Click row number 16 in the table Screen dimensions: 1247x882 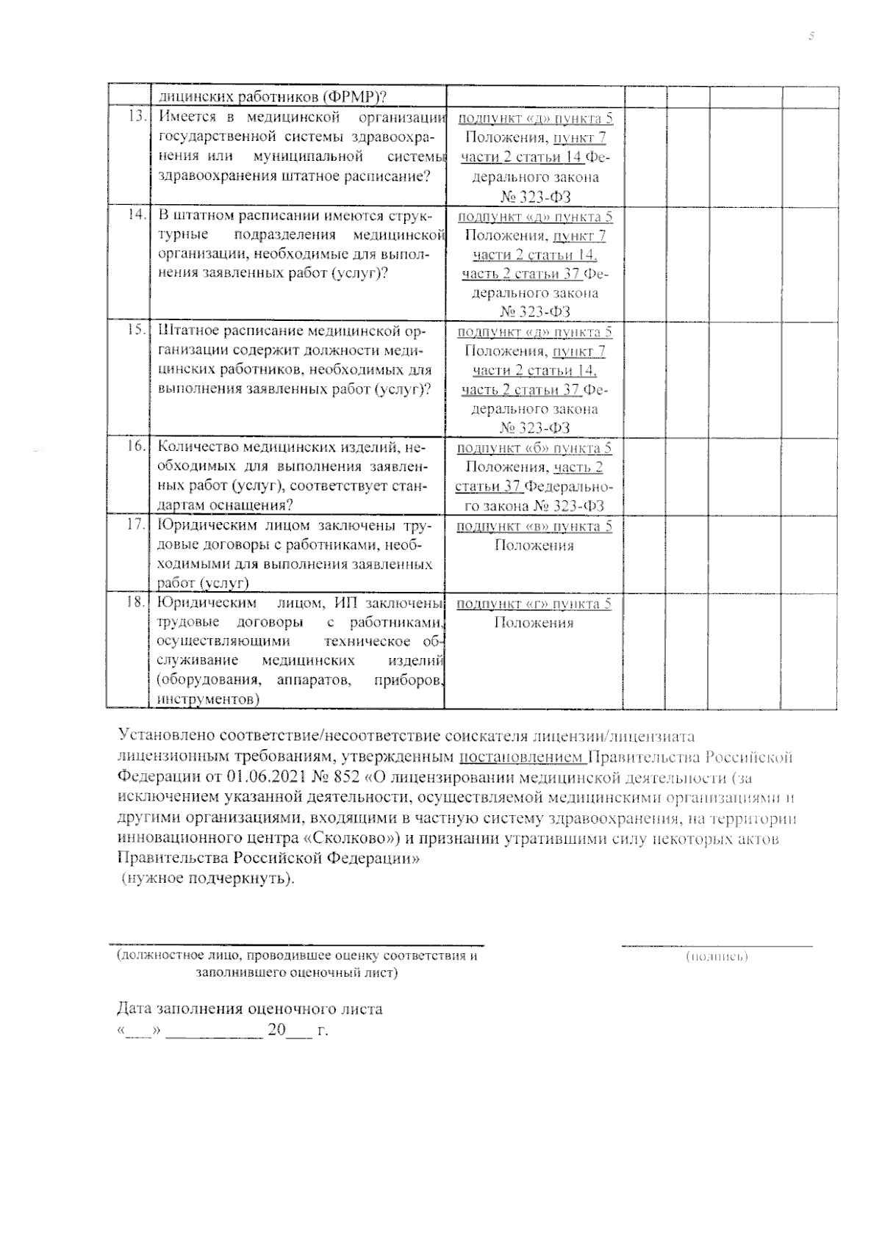[x=136, y=447]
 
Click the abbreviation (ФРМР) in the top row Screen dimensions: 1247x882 [x=350, y=97]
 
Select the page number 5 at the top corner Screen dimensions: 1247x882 [x=811, y=36]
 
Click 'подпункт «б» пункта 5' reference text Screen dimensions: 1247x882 [x=534, y=448]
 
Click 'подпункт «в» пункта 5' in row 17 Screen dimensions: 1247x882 [x=534, y=526]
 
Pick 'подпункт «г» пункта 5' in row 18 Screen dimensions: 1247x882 [x=534, y=604]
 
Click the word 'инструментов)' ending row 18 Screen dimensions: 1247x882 [x=209, y=699]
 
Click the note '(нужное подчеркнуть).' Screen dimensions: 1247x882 [x=208, y=878]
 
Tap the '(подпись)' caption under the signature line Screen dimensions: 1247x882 [x=717, y=957]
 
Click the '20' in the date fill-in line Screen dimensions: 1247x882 [x=276, y=1030]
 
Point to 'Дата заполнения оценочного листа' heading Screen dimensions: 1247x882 [x=250, y=1008]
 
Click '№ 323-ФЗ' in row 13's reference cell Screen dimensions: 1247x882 [x=534, y=196]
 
